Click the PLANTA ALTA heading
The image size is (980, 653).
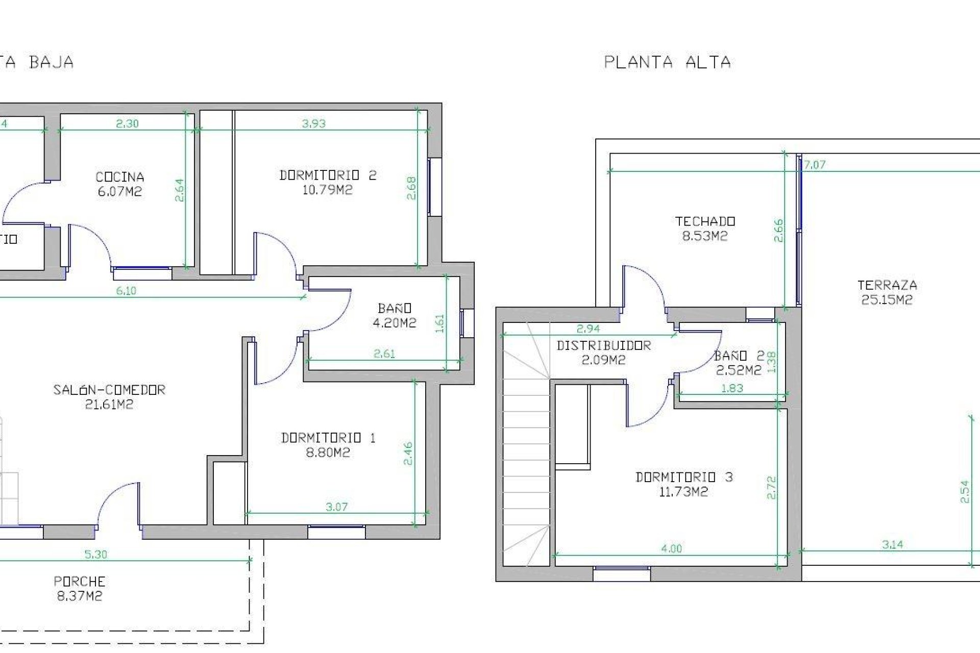[667, 62]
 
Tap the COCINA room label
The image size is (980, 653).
[120, 177]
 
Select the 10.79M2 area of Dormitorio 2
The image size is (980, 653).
[327, 190]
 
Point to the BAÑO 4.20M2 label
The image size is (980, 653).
[394, 315]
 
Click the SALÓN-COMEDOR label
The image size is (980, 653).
[109, 390]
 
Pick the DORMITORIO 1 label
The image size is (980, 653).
[328, 438]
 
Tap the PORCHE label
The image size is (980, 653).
[79, 581]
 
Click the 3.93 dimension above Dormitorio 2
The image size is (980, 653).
[313, 123]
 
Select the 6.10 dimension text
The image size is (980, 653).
[126, 291]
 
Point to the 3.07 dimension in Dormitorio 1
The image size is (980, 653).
[336, 507]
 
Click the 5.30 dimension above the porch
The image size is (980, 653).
[95, 554]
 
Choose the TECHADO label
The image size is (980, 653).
[705, 221]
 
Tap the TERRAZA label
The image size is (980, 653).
[887, 285]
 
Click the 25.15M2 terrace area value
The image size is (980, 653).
[887, 300]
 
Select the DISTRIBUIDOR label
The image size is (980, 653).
[603, 345]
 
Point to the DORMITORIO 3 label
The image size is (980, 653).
[684, 477]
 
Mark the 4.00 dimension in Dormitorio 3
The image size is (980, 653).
[671, 548]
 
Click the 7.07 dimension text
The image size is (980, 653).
[815, 165]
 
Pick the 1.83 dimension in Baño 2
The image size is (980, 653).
[732, 388]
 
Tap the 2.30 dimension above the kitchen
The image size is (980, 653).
[127, 123]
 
